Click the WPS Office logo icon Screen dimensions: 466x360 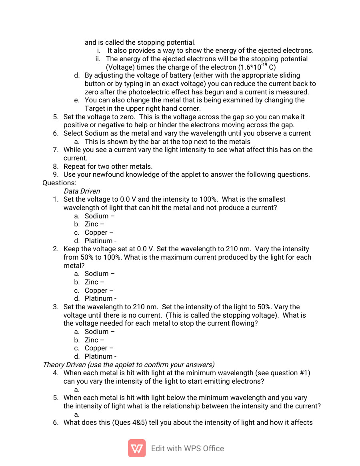(x=137, y=448)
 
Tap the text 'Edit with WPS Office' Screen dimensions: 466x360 (x=187, y=448)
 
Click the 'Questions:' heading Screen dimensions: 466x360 (x=59, y=183)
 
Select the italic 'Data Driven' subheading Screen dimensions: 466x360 (x=82, y=191)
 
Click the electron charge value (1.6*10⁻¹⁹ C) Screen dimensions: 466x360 (x=256, y=67)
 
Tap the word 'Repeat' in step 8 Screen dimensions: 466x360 (x=75, y=166)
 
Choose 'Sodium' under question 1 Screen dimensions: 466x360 (x=96, y=216)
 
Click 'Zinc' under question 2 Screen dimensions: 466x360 (x=91, y=282)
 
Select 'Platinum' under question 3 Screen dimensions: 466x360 (x=98, y=356)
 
